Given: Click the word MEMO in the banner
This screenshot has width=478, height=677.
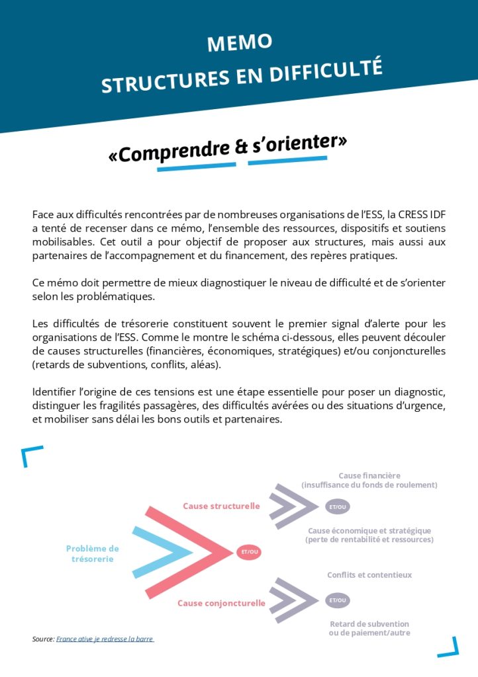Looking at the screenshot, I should (x=239, y=43).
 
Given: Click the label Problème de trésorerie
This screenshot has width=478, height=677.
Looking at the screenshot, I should (x=93, y=553).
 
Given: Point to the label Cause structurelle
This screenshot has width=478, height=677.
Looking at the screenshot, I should (x=221, y=506).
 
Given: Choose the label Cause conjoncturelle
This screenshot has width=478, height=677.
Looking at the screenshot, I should (x=221, y=603).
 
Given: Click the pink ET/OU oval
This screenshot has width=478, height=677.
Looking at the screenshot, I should (x=250, y=552).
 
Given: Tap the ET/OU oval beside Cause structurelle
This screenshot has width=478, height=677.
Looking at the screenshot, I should (x=338, y=507).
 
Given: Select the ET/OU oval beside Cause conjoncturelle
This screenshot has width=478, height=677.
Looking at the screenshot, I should (x=338, y=600).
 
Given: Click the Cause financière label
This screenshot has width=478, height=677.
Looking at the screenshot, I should (x=369, y=480).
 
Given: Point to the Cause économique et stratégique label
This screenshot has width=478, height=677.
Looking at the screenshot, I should (x=369, y=535).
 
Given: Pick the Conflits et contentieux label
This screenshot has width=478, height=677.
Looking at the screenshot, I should (x=369, y=575).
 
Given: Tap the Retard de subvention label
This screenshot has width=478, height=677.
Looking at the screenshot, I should (x=369, y=628).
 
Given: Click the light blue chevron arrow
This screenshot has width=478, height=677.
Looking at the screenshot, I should (x=159, y=551).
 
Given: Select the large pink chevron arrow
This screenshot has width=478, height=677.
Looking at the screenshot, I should (x=185, y=551).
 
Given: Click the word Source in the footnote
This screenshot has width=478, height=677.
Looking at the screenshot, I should (x=42, y=639).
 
